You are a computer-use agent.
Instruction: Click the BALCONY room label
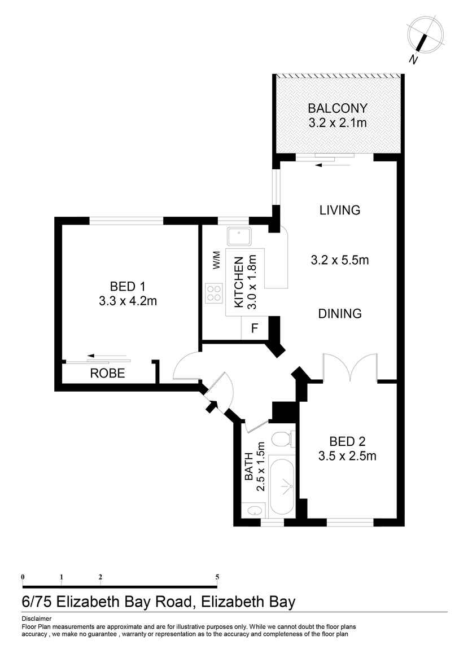[337, 108]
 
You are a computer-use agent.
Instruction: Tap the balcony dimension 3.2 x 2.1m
[337, 123]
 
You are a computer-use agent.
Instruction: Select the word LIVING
[340, 211]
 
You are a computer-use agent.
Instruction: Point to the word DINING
[340, 314]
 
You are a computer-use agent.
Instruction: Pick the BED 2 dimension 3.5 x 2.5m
[347, 456]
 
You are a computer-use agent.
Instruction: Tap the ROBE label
[108, 374]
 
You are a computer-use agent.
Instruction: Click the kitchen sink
[239, 236]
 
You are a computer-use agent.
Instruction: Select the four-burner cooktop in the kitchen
[214, 293]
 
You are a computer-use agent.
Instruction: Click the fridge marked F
[255, 328]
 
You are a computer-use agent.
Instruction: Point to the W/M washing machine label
[217, 260]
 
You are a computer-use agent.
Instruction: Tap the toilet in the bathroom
[283, 438]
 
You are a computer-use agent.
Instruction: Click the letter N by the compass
[413, 60]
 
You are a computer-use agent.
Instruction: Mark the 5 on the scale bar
[217, 577]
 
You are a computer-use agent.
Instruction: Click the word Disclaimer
[37, 619]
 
